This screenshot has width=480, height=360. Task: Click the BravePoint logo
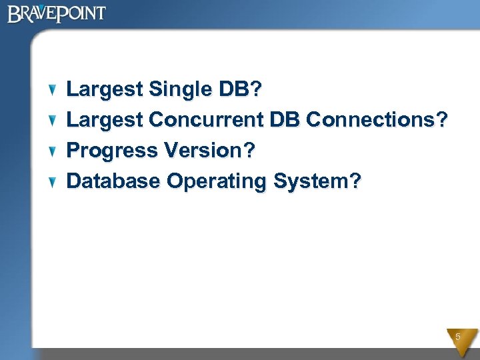(56, 13)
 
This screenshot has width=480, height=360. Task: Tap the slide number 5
(458, 337)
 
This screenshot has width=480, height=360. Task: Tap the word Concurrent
(207, 120)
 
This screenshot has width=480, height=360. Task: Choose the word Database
(114, 181)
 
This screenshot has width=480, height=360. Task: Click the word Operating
(217, 181)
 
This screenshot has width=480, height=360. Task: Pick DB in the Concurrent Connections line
(285, 120)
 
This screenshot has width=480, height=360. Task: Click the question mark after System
(355, 181)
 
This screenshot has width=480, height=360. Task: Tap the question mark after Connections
(441, 120)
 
